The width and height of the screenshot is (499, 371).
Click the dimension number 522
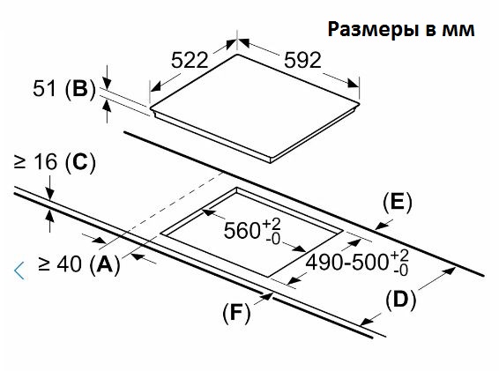pyautogui.click(x=190, y=60)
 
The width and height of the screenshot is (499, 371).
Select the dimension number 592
pyautogui.click(x=302, y=60)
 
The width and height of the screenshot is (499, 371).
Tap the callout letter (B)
pyautogui.click(x=80, y=88)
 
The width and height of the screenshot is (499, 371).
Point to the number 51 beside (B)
pyautogui.click(x=44, y=88)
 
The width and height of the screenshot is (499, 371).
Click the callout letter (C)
pyautogui.click(x=80, y=162)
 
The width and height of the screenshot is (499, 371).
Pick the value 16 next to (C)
pyautogui.click(x=46, y=162)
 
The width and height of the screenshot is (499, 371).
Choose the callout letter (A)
pyautogui.click(x=105, y=264)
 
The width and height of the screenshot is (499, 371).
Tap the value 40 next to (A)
pyautogui.click(x=70, y=264)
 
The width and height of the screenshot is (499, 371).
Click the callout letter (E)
pyautogui.click(x=397, y=203)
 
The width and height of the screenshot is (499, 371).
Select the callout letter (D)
pyautogui.click(x=400, y=300)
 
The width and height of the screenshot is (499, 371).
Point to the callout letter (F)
pyautogui.click(x=236, y=313)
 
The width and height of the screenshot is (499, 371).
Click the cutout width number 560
pyautogui.click(x=242, y=230)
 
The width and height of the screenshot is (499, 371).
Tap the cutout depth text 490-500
pyautogui.click(x=347, y=263)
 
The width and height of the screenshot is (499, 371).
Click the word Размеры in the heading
pyautogui.click(x=373, y=29)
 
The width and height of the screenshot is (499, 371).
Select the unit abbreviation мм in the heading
pyautogui.click(x=458, y=31)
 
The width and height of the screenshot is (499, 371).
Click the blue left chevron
pyautogui.click(x=19, y=271)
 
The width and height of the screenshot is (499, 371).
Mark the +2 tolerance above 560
pyautogui.click(x=272, y=225)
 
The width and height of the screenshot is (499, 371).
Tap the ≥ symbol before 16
pyautogui.click(x=19, y=162)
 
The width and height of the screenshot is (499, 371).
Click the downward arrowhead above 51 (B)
pyautogui.click(x=108, y=84)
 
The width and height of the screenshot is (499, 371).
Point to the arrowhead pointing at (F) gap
pyautogui.click(x=268, y=296)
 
